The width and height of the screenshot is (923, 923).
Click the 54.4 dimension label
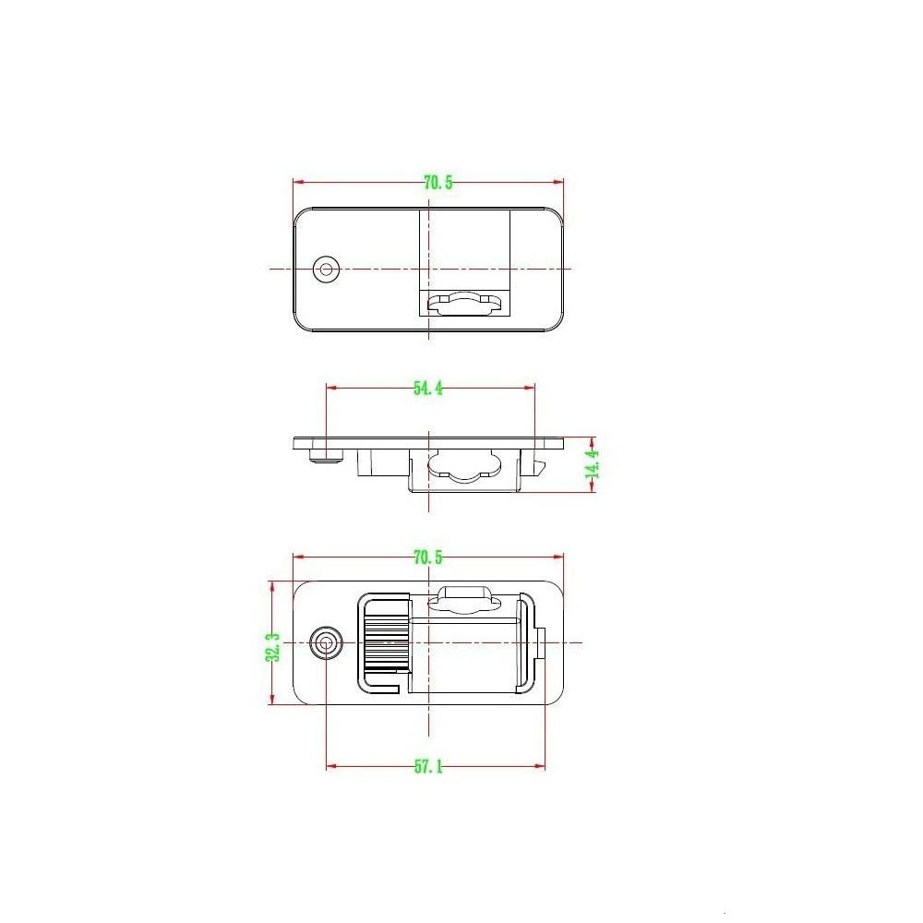(x=427, y=389)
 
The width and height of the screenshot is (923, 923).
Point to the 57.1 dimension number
(x=427, y=766)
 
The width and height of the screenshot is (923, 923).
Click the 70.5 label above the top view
(x=438, y=182)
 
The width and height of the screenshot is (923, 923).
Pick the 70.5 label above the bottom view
(x=427, y=557)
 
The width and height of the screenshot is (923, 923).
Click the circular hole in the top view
(x=325, y=270)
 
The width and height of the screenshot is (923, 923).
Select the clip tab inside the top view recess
(x=467, y=303)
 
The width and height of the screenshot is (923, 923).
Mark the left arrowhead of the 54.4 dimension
(x=330, y=389)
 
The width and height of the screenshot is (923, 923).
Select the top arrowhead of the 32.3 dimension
(x=271, y=584)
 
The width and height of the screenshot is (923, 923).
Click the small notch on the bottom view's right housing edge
(x=542, y=643)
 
